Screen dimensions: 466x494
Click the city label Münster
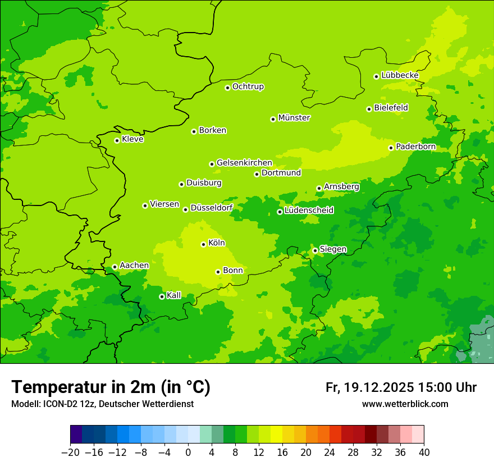[294, 118]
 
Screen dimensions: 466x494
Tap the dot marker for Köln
[203, 244]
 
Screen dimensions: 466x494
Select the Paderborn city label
[415, 147]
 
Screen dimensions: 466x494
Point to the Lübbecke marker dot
[377, 76]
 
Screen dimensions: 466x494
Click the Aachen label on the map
[134, 266]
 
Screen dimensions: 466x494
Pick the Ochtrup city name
[248, 86]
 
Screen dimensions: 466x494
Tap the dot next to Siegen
[315, 250]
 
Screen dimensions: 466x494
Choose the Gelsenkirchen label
[244, 163]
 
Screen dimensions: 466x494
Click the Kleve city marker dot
[117, 140]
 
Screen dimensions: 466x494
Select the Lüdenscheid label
[309, 211]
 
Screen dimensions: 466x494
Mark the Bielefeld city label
[391, 108]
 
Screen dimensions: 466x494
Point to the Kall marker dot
[162, 296]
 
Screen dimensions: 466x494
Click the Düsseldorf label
[212, 208]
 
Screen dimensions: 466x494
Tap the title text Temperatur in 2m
[111, 387]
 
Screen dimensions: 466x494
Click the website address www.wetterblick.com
[405, 404]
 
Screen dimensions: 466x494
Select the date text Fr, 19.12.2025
[369, 387]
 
